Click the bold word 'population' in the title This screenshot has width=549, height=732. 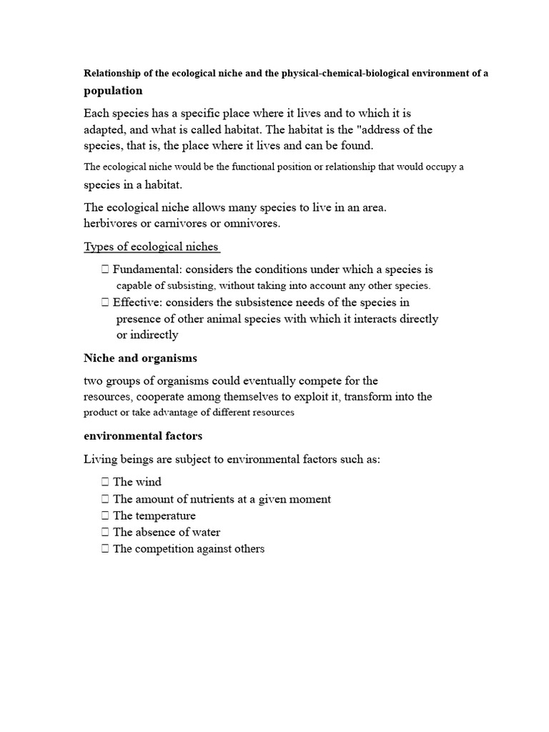pyautogui.click(x=113, y=91)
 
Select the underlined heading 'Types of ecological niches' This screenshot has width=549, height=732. pyautogui.click(x=151, y=247)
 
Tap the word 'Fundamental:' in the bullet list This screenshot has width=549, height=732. pyautogui.click(x=147, y=269)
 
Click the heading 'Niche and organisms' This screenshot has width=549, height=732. pyautogui.click(x=140, y=357)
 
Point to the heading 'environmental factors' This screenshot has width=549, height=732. pyautogui.click(x=143, y=435)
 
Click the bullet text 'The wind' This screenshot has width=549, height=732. pyautogui.click(x=137, y=482)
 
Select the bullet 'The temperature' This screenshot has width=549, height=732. pyautogui.click(x=154, y=515)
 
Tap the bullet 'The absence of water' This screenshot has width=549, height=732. pyautogui.click(x=167, y=533)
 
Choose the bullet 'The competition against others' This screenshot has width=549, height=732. pyautogui.click(x=189, y=549)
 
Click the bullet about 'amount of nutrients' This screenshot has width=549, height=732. pyautogui.click(x=222, y=499)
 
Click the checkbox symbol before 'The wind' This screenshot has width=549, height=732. pyautogui.click(x=105, y=482)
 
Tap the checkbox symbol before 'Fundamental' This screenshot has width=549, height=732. pyautogui.click(x=105, y=269)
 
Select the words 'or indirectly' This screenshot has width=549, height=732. pyautogui.click(x=147, y=335)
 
